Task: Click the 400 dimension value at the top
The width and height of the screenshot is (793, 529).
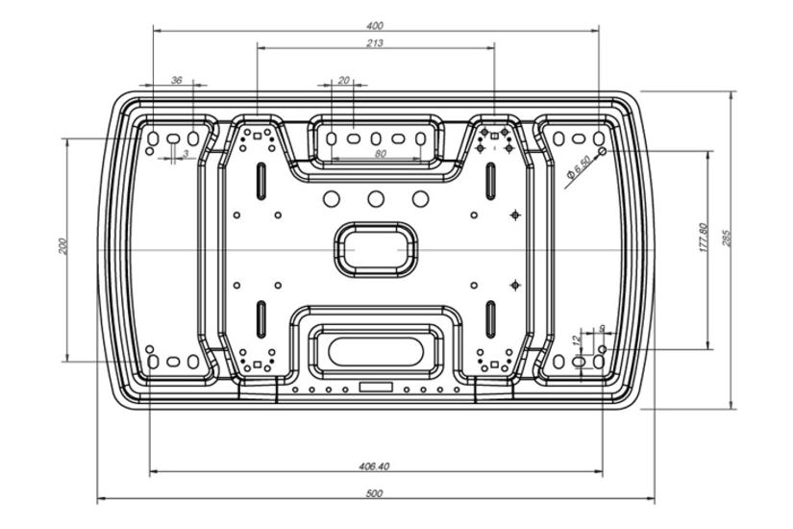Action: (375, 25)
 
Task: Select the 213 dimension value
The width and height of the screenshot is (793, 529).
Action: (375, 42)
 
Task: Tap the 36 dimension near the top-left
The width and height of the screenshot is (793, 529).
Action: (176, 81)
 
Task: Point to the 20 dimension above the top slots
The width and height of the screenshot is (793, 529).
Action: (344, 81)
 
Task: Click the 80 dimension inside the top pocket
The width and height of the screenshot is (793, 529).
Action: (380, 153)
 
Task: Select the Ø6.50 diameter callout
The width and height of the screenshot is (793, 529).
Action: (580, 169)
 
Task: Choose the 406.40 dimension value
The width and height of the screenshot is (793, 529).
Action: (374, 466)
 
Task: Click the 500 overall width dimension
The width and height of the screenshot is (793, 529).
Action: (375, 493)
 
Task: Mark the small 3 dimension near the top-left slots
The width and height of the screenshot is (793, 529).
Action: (186, 154)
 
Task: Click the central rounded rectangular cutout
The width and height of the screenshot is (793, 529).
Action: (376, 247)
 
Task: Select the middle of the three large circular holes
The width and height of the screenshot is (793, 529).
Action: (376, 198)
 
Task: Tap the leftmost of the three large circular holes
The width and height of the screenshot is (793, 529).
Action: (332, 198)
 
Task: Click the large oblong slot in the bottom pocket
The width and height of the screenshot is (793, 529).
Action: (376, 349)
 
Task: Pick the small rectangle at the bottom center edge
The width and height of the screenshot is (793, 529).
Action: (376, 387)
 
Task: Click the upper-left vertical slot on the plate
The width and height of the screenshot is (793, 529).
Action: (260, 178)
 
